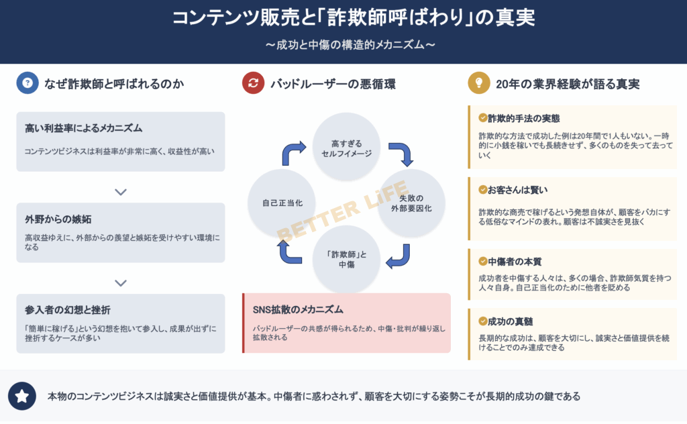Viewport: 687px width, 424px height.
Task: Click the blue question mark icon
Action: tap(28, 83)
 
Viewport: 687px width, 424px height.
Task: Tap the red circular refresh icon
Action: tap(254, 83)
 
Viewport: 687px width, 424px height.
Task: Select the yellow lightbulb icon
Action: tap(479, 83)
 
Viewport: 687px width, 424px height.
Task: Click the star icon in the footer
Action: tap(22, 396)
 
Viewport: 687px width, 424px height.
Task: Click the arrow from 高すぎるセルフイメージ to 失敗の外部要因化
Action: tap(401, 154)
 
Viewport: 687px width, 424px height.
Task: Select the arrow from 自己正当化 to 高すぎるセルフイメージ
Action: tap(294, 154)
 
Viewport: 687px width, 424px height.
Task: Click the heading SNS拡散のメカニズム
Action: tap(298, 309)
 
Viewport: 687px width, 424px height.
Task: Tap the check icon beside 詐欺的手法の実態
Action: tap(482, 118)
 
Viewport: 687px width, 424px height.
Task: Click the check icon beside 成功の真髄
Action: tap(482, 321)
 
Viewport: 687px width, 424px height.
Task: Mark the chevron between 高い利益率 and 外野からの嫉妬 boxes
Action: tap(121, 193)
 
